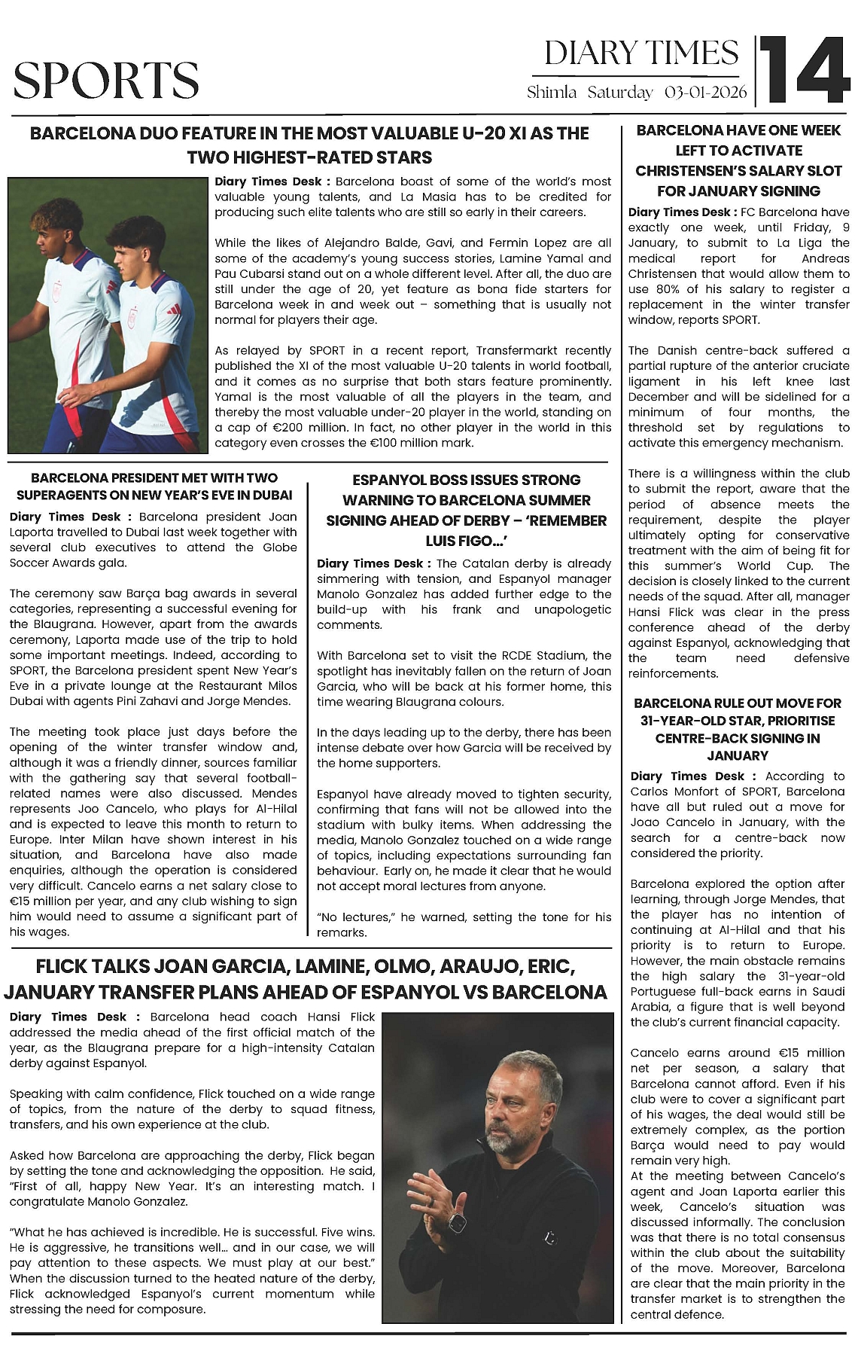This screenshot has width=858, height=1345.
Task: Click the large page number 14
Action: (804, 70)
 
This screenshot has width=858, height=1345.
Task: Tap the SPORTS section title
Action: (106, 81)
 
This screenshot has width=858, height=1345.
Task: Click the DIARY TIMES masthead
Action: (641, 53)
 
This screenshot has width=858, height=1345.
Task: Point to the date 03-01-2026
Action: (705, 93)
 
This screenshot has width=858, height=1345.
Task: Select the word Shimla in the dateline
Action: (552, 93)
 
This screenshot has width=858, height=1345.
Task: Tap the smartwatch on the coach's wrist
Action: (456, 1221)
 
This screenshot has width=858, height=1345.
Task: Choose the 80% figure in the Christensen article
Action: (676, 289)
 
